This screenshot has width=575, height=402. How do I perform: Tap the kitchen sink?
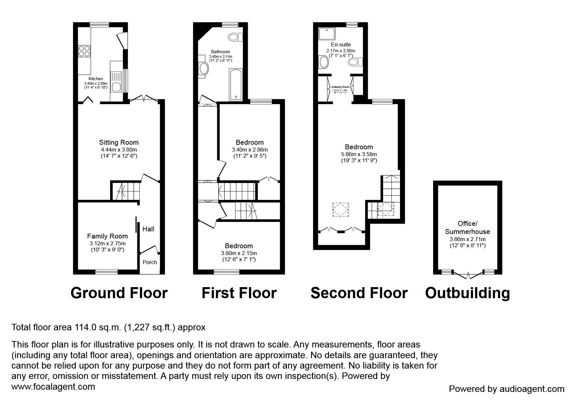click(x=116, y=87)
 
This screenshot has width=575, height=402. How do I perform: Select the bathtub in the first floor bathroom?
click(x=235, y=84)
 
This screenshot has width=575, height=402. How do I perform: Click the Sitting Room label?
click(x=119, y=142)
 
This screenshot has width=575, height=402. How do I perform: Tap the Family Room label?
click(x=107, y=236)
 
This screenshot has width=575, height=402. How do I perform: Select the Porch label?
click(x=150, y=262)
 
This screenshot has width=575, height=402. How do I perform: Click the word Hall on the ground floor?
click(x=148, y=229)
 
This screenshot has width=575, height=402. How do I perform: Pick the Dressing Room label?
click(x=340, y=87)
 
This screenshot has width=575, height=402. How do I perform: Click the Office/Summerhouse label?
click(x=468, y=227)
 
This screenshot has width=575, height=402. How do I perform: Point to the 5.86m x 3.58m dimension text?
click(x=359, y=154)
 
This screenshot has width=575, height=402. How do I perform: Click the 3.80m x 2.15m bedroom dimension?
click(x=239, y=253)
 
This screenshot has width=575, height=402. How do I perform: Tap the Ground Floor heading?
click(x=119, y=293)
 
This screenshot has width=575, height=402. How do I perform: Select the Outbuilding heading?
click(x=468, y=293)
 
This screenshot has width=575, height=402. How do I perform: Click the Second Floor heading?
click(x=359, y=293)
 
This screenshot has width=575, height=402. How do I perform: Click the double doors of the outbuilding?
click(x=468, y=275)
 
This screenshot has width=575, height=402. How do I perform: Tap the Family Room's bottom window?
click(x=106, y=272)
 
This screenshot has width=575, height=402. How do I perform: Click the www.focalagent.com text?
click(x=53, y=387)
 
